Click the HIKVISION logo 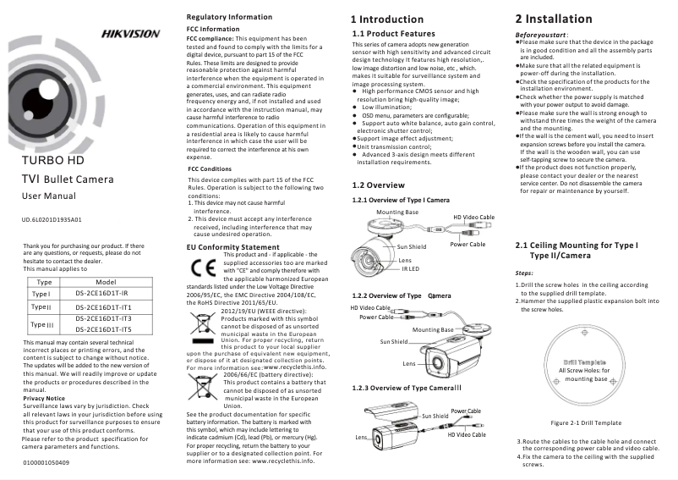[130, 34]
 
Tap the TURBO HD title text [52, 159]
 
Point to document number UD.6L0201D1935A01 [52, 220]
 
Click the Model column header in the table [107, 281]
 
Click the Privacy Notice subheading [44, 397]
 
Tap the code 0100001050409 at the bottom [46, 463]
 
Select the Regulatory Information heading [230, 17]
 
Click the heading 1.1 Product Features [393, 33]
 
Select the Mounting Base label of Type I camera [397, 211]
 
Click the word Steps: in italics [525, 273]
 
